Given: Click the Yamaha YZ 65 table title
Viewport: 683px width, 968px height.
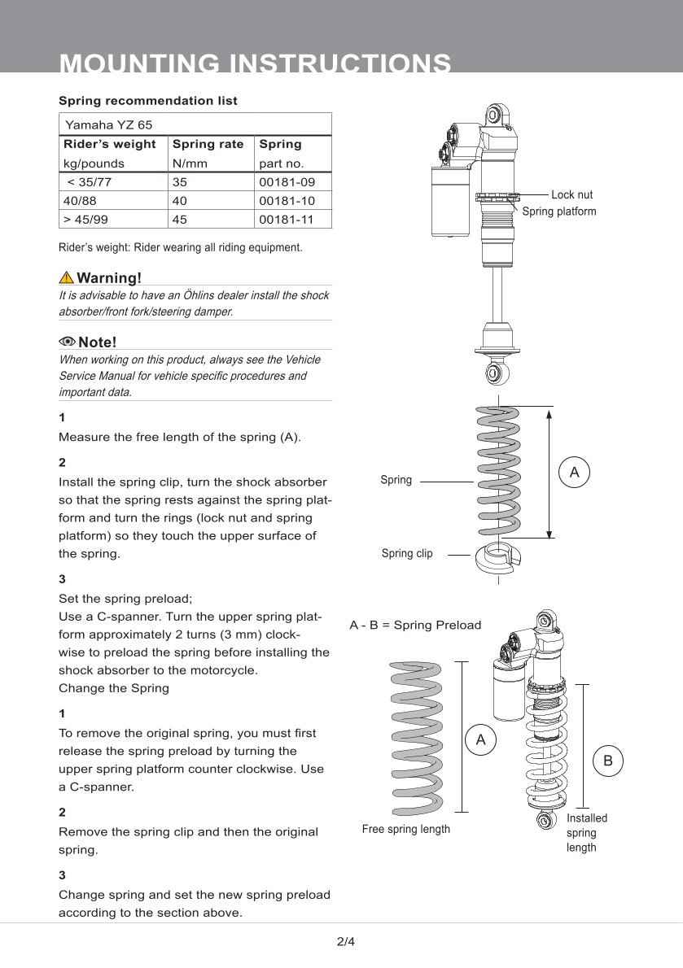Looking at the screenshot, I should (108, 125).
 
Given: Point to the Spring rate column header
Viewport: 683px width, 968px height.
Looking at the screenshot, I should (208, 144).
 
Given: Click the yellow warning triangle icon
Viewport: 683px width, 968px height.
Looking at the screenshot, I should (67, 277).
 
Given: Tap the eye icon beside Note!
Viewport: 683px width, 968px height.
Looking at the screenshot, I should (67, 341).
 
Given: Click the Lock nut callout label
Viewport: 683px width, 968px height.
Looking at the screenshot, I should (571, 195).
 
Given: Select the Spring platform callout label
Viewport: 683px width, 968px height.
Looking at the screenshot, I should (558, 211).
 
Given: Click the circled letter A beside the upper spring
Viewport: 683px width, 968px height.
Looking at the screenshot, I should (574, 472).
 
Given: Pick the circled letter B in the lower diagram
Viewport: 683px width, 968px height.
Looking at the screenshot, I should (608, 761).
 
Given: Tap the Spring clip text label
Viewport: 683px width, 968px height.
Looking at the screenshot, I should (407, 554).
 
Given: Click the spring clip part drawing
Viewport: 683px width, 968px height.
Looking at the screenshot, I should (498, 556).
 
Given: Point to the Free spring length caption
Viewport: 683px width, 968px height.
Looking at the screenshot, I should (405, 830).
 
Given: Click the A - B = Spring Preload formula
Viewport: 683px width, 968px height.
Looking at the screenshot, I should (415, 626).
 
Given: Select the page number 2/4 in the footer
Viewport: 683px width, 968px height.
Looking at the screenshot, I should (346, 943).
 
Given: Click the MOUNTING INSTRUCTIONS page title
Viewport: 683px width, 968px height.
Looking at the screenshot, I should (256, 63).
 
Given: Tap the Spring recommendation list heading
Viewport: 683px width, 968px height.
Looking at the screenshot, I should (148, 101).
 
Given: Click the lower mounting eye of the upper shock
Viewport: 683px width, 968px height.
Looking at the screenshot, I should (493, 373).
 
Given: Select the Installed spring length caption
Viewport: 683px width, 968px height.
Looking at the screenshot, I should (586, 833).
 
